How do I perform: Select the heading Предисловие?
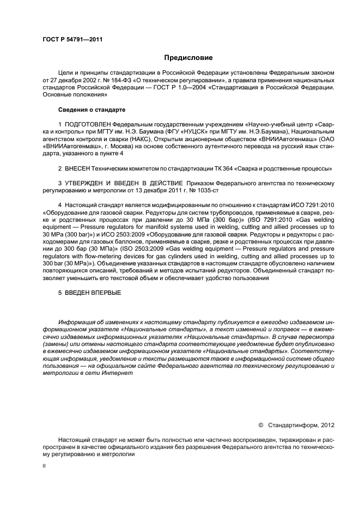tap(188, 58)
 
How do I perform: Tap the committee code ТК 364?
tap(209, 169)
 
